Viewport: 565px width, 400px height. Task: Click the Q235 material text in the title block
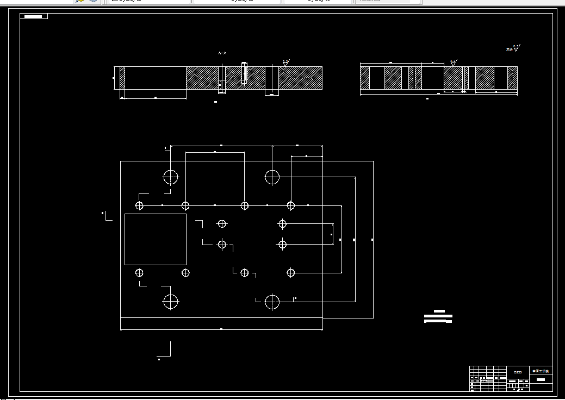[518, 372]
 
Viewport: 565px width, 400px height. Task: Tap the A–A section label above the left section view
[222, 53]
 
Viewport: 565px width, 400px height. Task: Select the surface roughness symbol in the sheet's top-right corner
[513, 49]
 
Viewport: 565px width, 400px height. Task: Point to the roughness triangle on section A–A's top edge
[285, 63]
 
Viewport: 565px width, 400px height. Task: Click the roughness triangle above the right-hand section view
[453, 63]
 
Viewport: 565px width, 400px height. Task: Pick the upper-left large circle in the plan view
[171, 177]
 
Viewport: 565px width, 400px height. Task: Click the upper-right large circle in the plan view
[272, 177]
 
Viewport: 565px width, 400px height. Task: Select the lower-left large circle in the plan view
[171, 301]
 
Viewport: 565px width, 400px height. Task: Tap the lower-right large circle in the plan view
[272, 302]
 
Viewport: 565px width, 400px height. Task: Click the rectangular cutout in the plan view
[156, 239]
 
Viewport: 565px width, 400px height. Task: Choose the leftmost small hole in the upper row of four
[140, 205]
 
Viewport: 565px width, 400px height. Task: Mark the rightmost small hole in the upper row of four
[291, 205]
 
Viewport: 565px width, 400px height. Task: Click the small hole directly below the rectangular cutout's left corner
[140, 272]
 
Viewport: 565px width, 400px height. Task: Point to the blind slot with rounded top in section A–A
[244, 73]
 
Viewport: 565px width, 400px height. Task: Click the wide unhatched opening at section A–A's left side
[156, 78]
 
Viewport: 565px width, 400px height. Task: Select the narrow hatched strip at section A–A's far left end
[122, 78]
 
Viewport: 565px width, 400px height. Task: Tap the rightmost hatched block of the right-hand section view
[512, 78]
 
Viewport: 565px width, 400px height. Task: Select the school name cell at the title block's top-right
[541, 371]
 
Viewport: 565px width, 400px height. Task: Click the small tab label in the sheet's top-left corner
[34, 16]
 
